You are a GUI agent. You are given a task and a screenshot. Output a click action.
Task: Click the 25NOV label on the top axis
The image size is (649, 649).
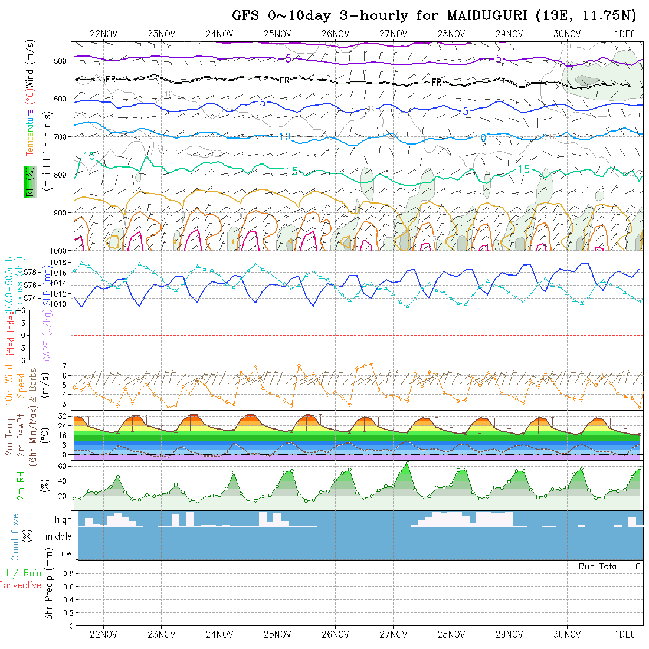pyautogui.click(x=277, y=34)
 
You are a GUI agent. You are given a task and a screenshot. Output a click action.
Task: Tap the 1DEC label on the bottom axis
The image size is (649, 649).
pyautogui.click(x=625, y=634)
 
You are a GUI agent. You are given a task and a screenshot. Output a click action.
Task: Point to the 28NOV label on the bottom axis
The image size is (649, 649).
pyautogui.click(x=451, y=634)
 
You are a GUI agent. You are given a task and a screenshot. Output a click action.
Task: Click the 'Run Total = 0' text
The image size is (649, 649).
pyautogui.click(x=609, y=566)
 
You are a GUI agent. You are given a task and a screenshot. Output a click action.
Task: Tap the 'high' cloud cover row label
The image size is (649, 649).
pyautogui.click(x=63, y=520)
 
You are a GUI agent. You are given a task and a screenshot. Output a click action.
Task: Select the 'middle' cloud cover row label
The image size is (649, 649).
pyautogui.click(x=59, y=536)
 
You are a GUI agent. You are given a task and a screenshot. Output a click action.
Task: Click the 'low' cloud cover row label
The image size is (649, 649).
pyautogui.click(x=65, y=553)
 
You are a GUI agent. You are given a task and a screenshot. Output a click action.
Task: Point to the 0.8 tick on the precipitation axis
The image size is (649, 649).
pyautogui.click(x=67, y=573)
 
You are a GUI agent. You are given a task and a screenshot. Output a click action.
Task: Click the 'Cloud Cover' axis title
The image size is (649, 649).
pyautogui.click(x=15, y=536)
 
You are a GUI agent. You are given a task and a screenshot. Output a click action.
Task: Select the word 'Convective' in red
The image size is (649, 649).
pyautogui.click(x=20, y=585)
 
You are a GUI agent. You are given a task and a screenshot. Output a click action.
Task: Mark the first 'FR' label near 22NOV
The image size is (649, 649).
pyautogui.click(x=111, y=78)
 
